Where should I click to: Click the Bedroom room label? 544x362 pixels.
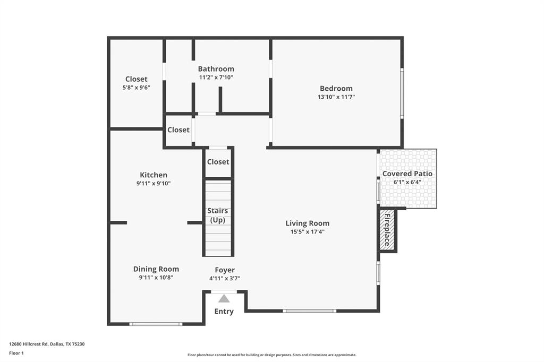(x=336, y=89)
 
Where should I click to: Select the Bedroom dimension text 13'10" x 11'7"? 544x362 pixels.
(x=336, y=97)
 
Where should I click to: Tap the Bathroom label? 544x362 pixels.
(x=216, y=69)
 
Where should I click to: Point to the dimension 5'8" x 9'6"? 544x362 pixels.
(x=136, y=88)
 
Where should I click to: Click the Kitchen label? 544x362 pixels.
(x=153, y=175)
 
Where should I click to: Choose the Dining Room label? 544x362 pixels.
(x=156, y=269)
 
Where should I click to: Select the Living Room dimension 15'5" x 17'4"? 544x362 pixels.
(x=307, y=231)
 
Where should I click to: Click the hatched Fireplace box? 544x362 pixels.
(x=387, y=230)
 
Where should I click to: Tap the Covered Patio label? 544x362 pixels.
(x=407, y=174)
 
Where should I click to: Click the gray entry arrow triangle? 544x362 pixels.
(x=224, y=299)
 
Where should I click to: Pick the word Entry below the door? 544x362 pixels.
(x=224, y=312)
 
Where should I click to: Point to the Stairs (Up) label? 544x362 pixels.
(x=218, y=216)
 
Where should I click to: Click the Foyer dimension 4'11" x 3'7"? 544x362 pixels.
(x=225, y=278)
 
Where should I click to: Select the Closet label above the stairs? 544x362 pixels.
(x=218, y=162)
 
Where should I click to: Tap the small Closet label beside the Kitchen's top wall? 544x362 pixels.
(x=178, y=130)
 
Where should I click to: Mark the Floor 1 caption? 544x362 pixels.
(x=16, y=353)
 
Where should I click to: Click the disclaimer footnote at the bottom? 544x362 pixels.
(x=271, y=355)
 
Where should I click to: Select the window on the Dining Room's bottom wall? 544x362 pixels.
(x=156, y=324)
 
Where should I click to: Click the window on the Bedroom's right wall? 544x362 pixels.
(x=402, y=93)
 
